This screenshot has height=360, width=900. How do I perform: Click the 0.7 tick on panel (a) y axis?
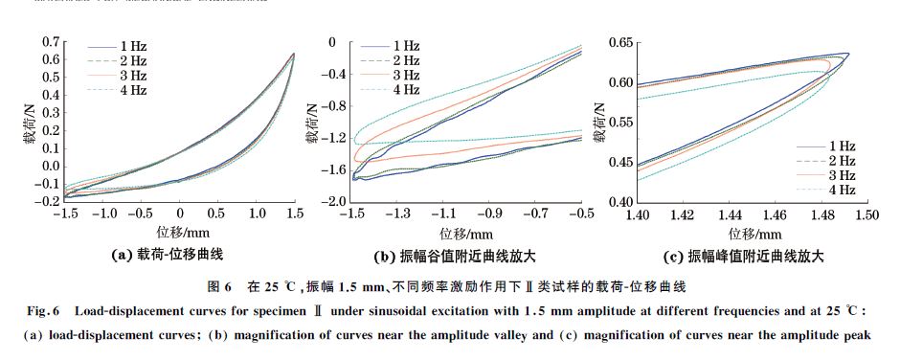(53, 42)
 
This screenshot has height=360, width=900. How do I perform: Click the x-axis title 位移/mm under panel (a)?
(179, 233)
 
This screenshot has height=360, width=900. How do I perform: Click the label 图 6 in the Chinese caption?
(219, 286)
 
